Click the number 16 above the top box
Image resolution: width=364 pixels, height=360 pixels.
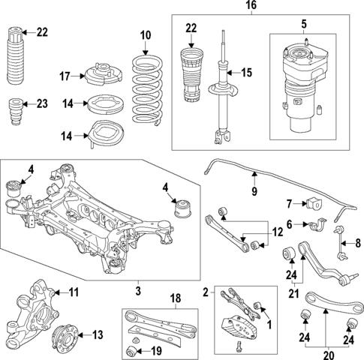pos(253,6)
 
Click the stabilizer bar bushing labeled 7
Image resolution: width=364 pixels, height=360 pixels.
pos(314,203)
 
